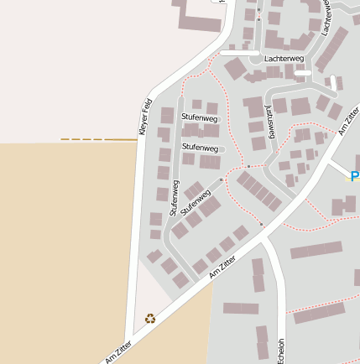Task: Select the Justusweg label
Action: (270, 121)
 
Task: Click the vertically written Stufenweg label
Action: (175, 198)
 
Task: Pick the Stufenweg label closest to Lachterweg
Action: (200, 118)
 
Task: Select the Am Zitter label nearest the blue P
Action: (349, 121)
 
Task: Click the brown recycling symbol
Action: (150, 318)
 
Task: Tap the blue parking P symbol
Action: (354, 176)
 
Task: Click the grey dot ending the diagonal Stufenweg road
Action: (221, 179)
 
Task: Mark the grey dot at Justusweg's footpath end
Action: (248, 166)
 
